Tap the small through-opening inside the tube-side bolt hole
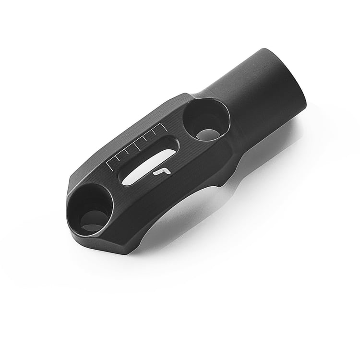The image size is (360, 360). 207,134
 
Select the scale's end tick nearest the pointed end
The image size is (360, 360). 110,167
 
